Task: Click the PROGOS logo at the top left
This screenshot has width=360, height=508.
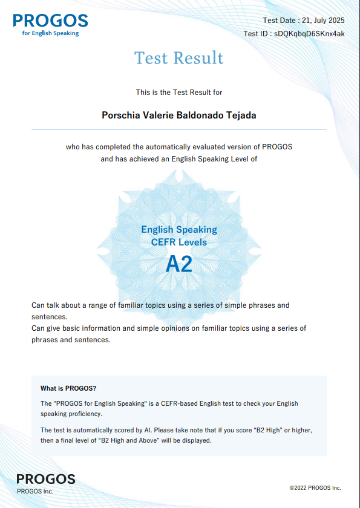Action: tap(50, 21)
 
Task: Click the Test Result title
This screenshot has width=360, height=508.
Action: tap(179, 58)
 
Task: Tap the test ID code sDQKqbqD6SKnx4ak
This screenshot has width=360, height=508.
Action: tap(309, 34)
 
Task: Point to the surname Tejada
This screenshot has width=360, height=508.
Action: tap(240, 115)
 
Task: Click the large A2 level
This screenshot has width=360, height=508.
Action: tap(179, 264)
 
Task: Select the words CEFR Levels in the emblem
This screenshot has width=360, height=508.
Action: tap(179, 243)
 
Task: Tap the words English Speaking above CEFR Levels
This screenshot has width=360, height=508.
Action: tap(179, 230)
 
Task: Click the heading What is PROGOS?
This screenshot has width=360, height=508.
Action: tap(68, 388)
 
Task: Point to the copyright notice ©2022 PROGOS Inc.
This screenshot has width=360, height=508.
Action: tap(315, 487)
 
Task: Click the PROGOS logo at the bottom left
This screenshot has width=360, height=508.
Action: tap(46, 479)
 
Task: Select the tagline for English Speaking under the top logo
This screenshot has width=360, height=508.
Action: tap(51, 33)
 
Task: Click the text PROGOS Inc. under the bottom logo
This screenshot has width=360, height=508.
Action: tap(35, 491)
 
